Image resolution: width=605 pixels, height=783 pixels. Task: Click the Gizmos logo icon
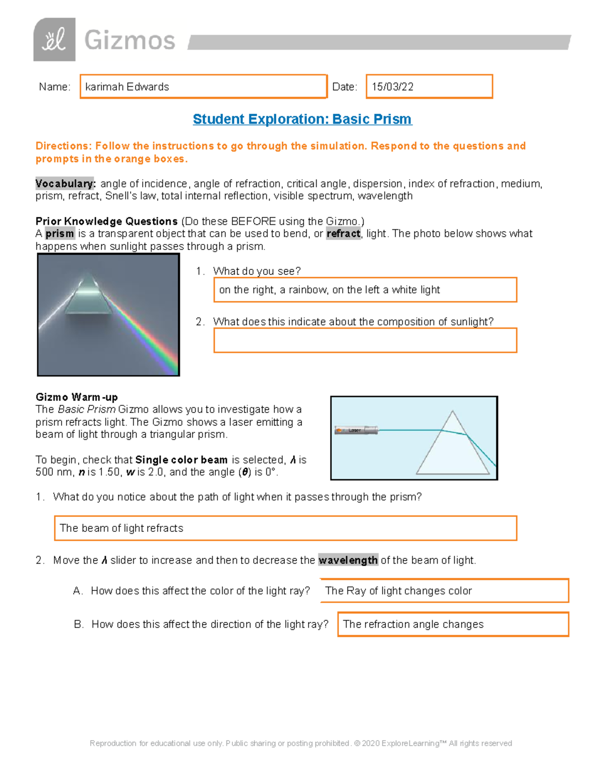54,40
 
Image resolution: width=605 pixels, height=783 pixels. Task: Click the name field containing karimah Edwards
203,87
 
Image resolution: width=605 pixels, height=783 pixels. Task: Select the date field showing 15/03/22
429,87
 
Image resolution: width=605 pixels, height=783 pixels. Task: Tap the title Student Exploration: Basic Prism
302,119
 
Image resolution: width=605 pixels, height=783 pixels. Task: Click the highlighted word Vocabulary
65,184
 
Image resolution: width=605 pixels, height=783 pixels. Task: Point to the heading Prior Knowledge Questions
106,221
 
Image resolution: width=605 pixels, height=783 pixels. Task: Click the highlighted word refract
343,234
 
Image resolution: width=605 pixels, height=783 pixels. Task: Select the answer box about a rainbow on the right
365,290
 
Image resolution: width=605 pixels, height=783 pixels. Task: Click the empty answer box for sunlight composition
365,340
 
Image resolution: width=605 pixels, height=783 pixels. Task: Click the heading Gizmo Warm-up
77,397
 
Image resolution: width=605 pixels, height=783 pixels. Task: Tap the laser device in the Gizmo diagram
356,430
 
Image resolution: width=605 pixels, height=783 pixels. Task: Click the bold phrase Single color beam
181,460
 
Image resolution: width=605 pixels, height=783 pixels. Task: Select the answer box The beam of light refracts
285,528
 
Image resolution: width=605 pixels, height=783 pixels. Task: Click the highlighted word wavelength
348,560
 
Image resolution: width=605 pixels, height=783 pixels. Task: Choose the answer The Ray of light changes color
444,591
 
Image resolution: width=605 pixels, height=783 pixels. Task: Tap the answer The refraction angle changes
453,624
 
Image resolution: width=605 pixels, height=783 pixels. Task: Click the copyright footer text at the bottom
301,743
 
